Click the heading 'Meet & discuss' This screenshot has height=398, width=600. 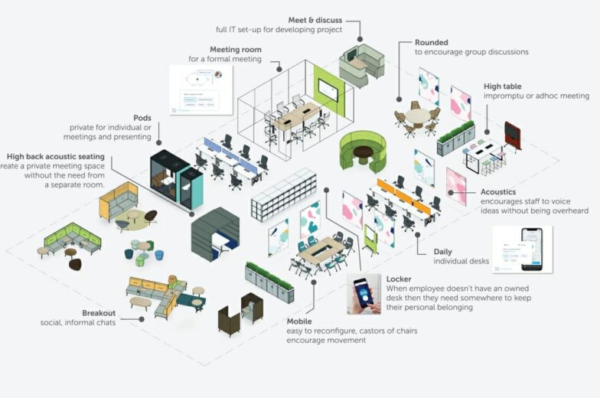coord(316,20)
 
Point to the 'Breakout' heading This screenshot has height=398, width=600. coord(99,312)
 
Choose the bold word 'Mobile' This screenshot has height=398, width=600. coord(299,321)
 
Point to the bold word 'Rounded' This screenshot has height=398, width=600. coord(432,43)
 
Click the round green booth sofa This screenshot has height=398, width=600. coord(362,150)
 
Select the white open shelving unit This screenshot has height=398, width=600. coord(284,194)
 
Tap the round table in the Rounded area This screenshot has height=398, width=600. coord(418,116)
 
